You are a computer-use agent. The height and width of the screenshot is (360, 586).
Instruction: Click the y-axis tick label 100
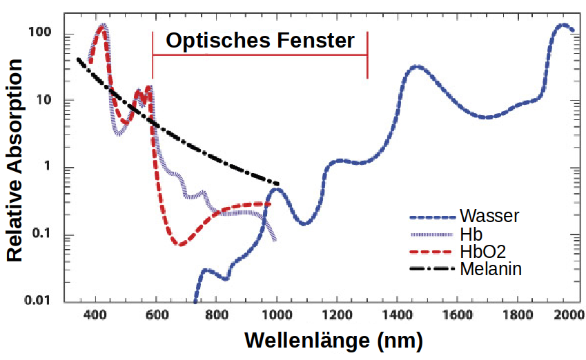point(41,33)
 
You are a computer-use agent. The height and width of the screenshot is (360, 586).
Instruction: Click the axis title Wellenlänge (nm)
point(333,341)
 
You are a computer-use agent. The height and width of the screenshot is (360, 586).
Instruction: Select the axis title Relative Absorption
point(15,160)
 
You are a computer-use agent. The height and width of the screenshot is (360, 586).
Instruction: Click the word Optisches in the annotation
point(211,41)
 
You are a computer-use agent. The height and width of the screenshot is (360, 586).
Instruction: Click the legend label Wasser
point(489,216)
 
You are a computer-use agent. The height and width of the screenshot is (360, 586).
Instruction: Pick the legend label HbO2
point(482,251)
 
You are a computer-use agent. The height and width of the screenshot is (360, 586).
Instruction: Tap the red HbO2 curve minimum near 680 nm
point(181,244)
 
